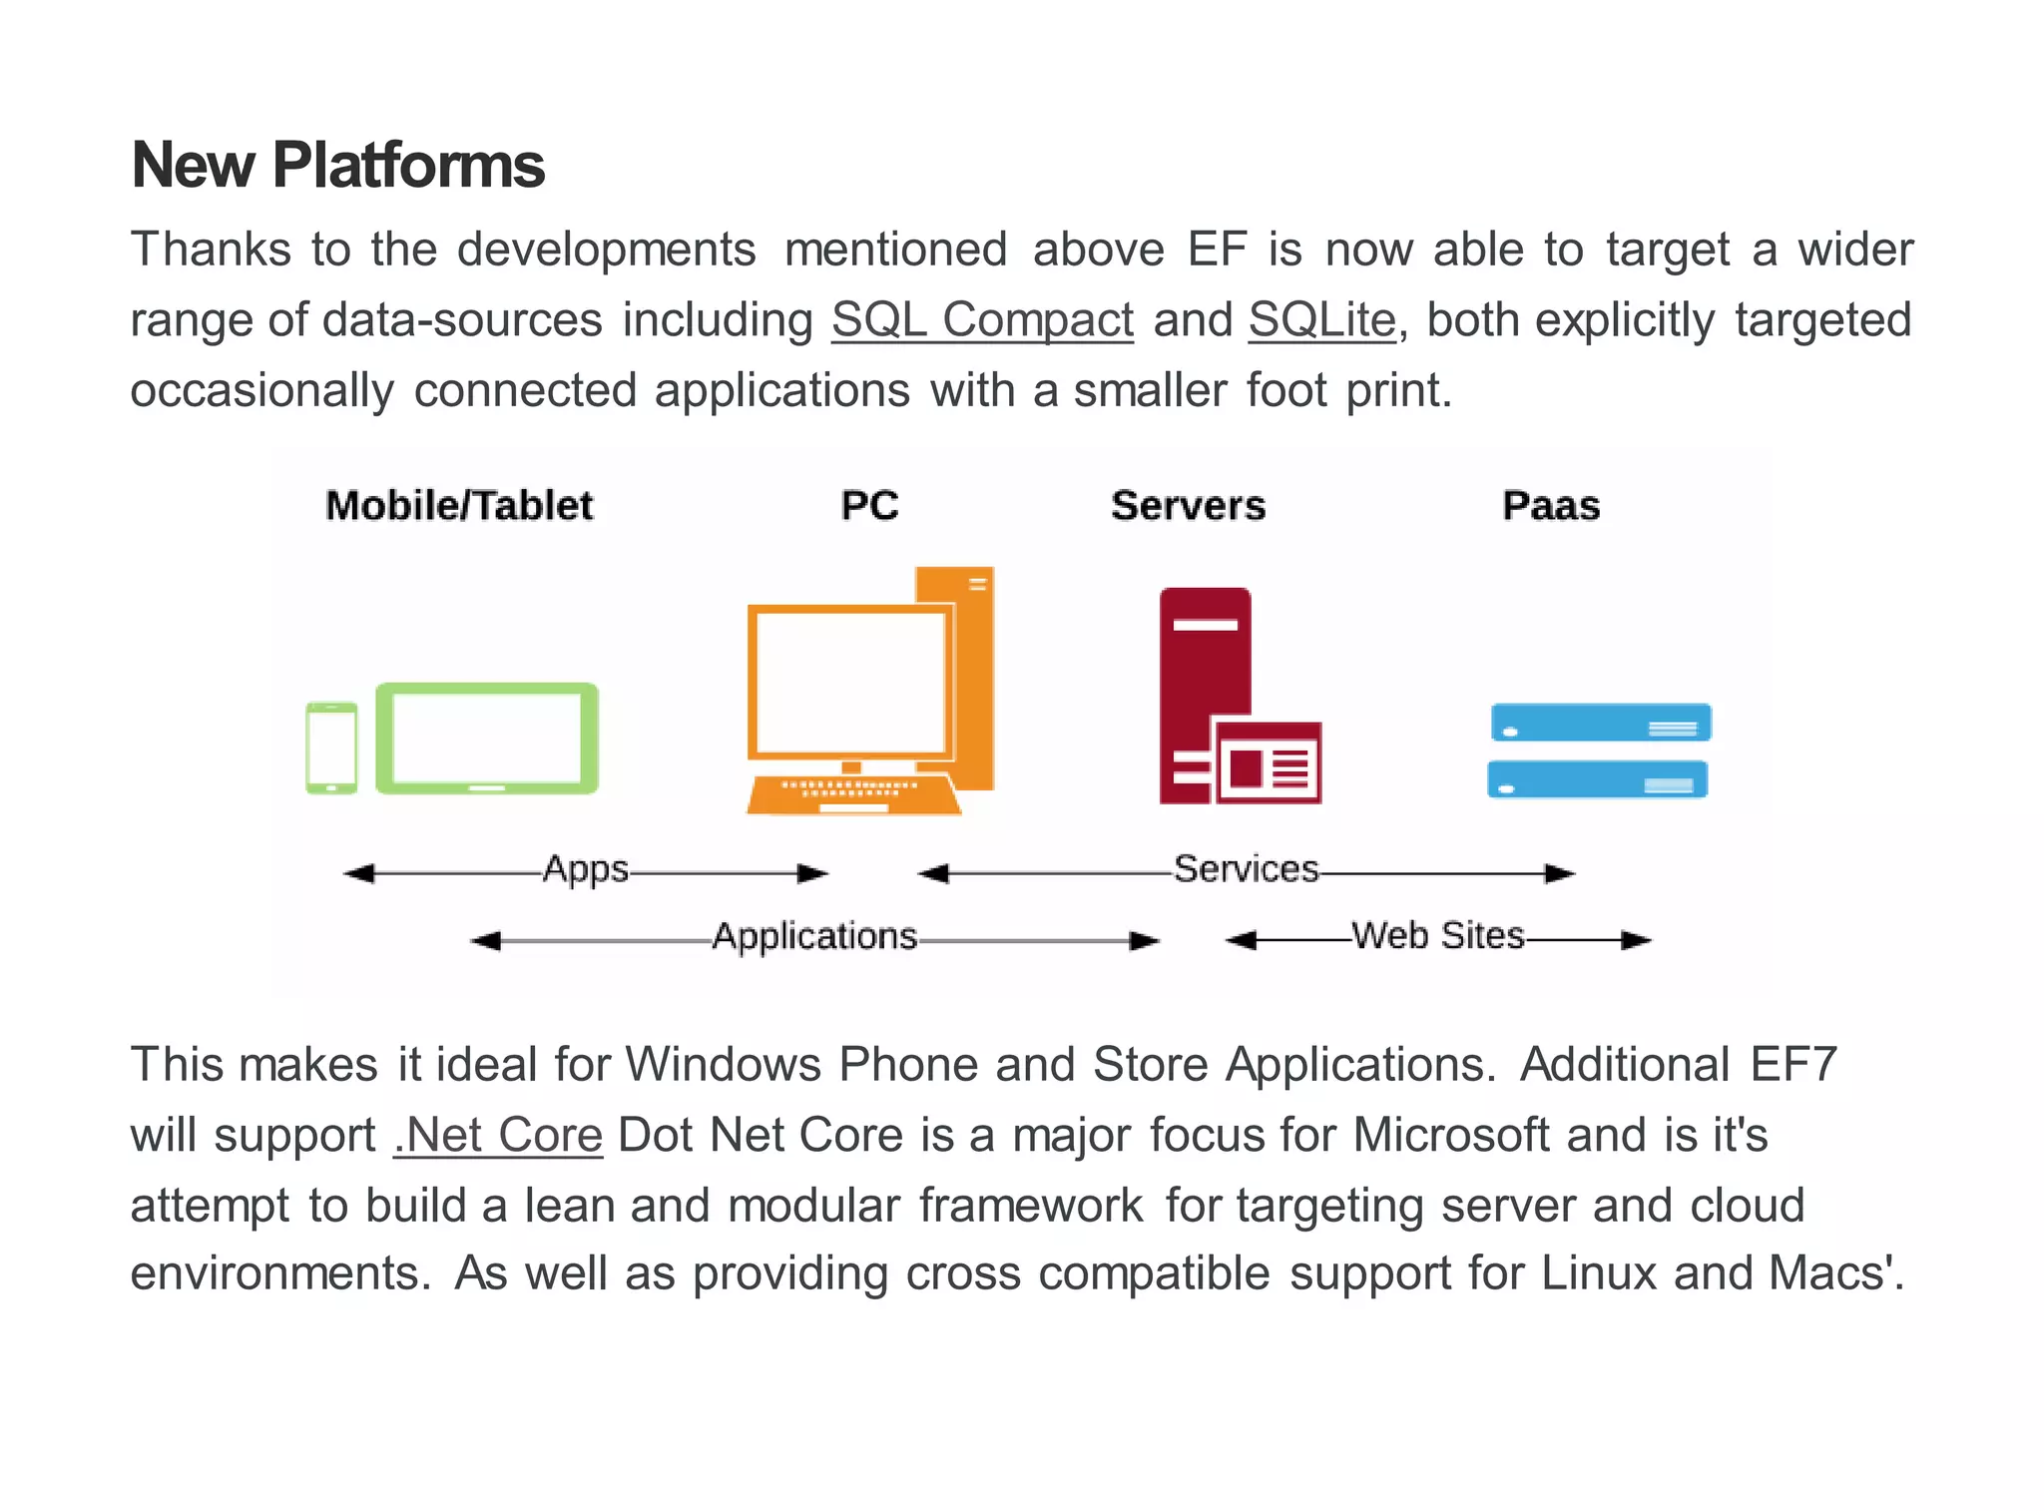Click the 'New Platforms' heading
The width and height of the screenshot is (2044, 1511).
(x=337, y=165)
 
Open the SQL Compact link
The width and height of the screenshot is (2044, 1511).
(x=982, y=320)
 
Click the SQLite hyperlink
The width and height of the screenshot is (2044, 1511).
(x=1321, y=320)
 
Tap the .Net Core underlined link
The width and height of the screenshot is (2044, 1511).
(x=498, y=1135)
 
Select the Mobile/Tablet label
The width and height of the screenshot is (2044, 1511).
(x=459, y=506)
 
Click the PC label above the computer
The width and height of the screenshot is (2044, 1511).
(x=869, y=506)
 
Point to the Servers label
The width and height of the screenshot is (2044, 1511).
(x=1188, y=506)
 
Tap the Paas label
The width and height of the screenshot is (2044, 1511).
(x=1551, y=506)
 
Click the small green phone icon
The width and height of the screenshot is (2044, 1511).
(x=331, y=748)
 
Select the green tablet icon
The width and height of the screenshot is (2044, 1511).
(x=487, y=738)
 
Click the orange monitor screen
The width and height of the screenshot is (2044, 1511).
(x=850, y=683)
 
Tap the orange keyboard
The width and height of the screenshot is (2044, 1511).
(x=853, y=795)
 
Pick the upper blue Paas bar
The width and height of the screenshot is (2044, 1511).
(x=1600, y=722)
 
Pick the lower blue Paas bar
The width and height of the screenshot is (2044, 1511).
(x=1597, y=779)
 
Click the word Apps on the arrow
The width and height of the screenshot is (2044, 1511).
(x=586, y=869)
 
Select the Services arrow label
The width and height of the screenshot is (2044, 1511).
(x=1246, y=869)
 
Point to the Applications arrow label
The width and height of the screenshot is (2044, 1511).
(x=814, y=936)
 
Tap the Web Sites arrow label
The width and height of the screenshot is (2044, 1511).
(x=1437, y=936)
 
